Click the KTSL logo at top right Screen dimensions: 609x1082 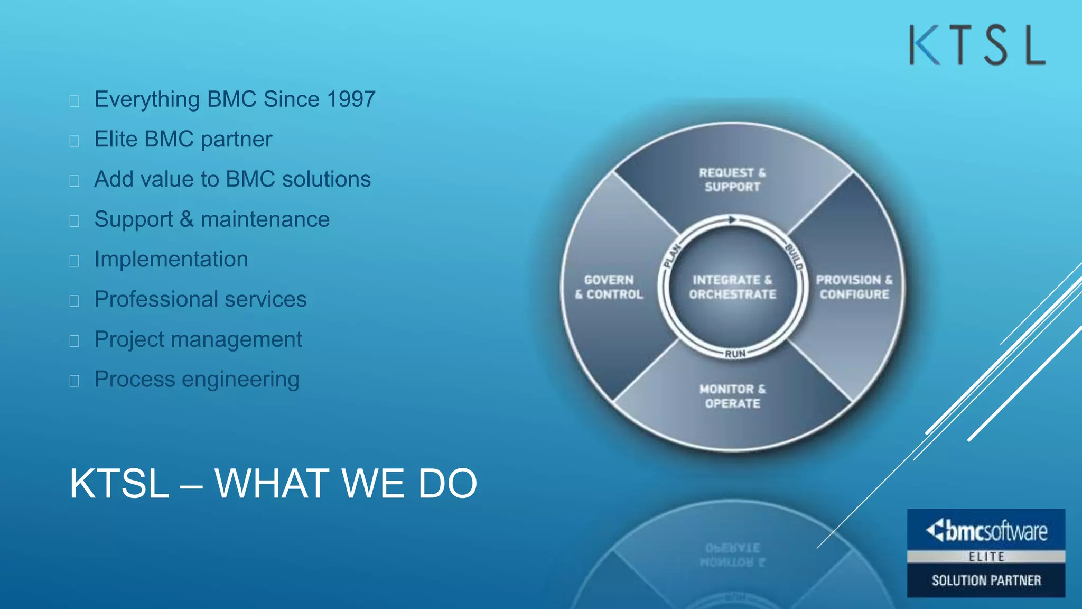click(x=977, y=45)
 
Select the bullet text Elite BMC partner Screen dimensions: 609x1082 click(x=183, y=140)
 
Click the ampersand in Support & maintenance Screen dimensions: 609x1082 click(x=186, y=219)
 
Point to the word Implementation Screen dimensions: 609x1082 click(x=171, y=260)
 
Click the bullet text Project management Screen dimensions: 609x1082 click(x=198, y=339)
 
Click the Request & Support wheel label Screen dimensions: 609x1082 click(x=732, y=180)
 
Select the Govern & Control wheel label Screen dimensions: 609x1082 click(x=609, y=287)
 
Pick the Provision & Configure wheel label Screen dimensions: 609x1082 click(x=854, y=287)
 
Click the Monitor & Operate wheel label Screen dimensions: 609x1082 click(x=732, y=396)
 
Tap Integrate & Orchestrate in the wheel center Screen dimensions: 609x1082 click(x=732, y=287)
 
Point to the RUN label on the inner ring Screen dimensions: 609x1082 click(x=735, y=354)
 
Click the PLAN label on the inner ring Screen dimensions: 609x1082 click(x=672, y=255)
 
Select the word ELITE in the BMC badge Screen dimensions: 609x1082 click(x=986, y=557)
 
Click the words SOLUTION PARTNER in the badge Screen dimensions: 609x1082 click(x=986, y=580)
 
